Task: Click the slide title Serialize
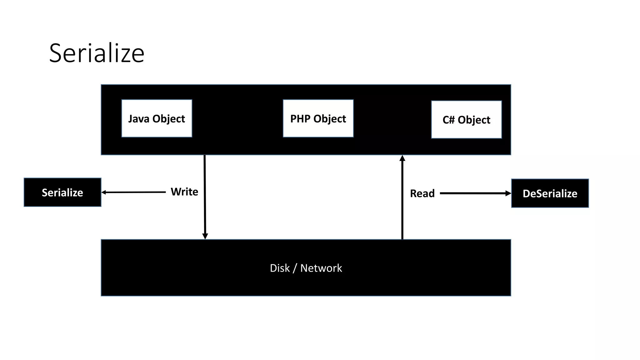point(97,53)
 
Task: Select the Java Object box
point(157,118)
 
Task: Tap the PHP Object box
point(318,118)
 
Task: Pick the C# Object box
point(466,120)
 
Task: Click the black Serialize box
point(62,192)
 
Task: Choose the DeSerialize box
point(550,193)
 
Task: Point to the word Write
point(184,192)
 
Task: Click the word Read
point(422,193)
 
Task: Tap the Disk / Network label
point(306,268)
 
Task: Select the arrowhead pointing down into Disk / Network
point(205,236)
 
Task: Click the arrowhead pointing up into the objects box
point(402,158)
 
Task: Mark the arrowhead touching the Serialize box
point(104,192)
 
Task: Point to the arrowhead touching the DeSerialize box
point(508,193)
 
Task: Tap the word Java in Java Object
point(139,119)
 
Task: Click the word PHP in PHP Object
point(300,119)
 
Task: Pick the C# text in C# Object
point(448,120)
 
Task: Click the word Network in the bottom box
point(321,268)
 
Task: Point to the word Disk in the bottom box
point(280,268)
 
